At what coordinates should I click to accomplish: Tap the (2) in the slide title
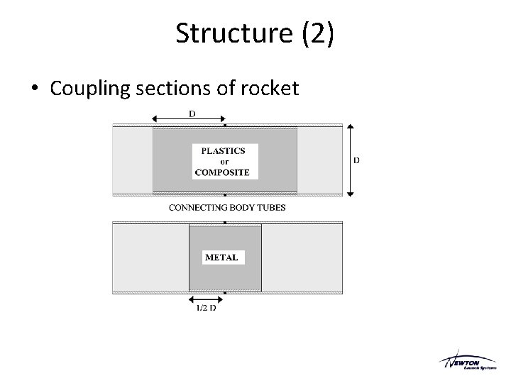point(317,33)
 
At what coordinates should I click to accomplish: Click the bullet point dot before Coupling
point(34,89)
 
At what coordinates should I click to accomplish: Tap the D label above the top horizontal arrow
point(192,113)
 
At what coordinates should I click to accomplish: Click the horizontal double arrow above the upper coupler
point(189,118)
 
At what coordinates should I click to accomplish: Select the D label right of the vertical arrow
point(356,160)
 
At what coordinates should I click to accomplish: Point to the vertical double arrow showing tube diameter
point(350,160)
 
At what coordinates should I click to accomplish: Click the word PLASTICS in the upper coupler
point(224,150)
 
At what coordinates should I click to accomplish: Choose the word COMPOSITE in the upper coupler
point(223,172)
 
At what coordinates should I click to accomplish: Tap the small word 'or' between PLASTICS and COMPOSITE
point(224,161)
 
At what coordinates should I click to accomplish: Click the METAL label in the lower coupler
point(221,257)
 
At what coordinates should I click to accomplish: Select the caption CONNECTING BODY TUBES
point(227,208)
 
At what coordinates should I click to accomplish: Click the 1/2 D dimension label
point(207,306)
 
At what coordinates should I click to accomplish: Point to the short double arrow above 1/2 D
point(207,299)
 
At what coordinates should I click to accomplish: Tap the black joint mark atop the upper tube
point(225,126)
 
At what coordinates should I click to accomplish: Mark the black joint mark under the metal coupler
point(225,292)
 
